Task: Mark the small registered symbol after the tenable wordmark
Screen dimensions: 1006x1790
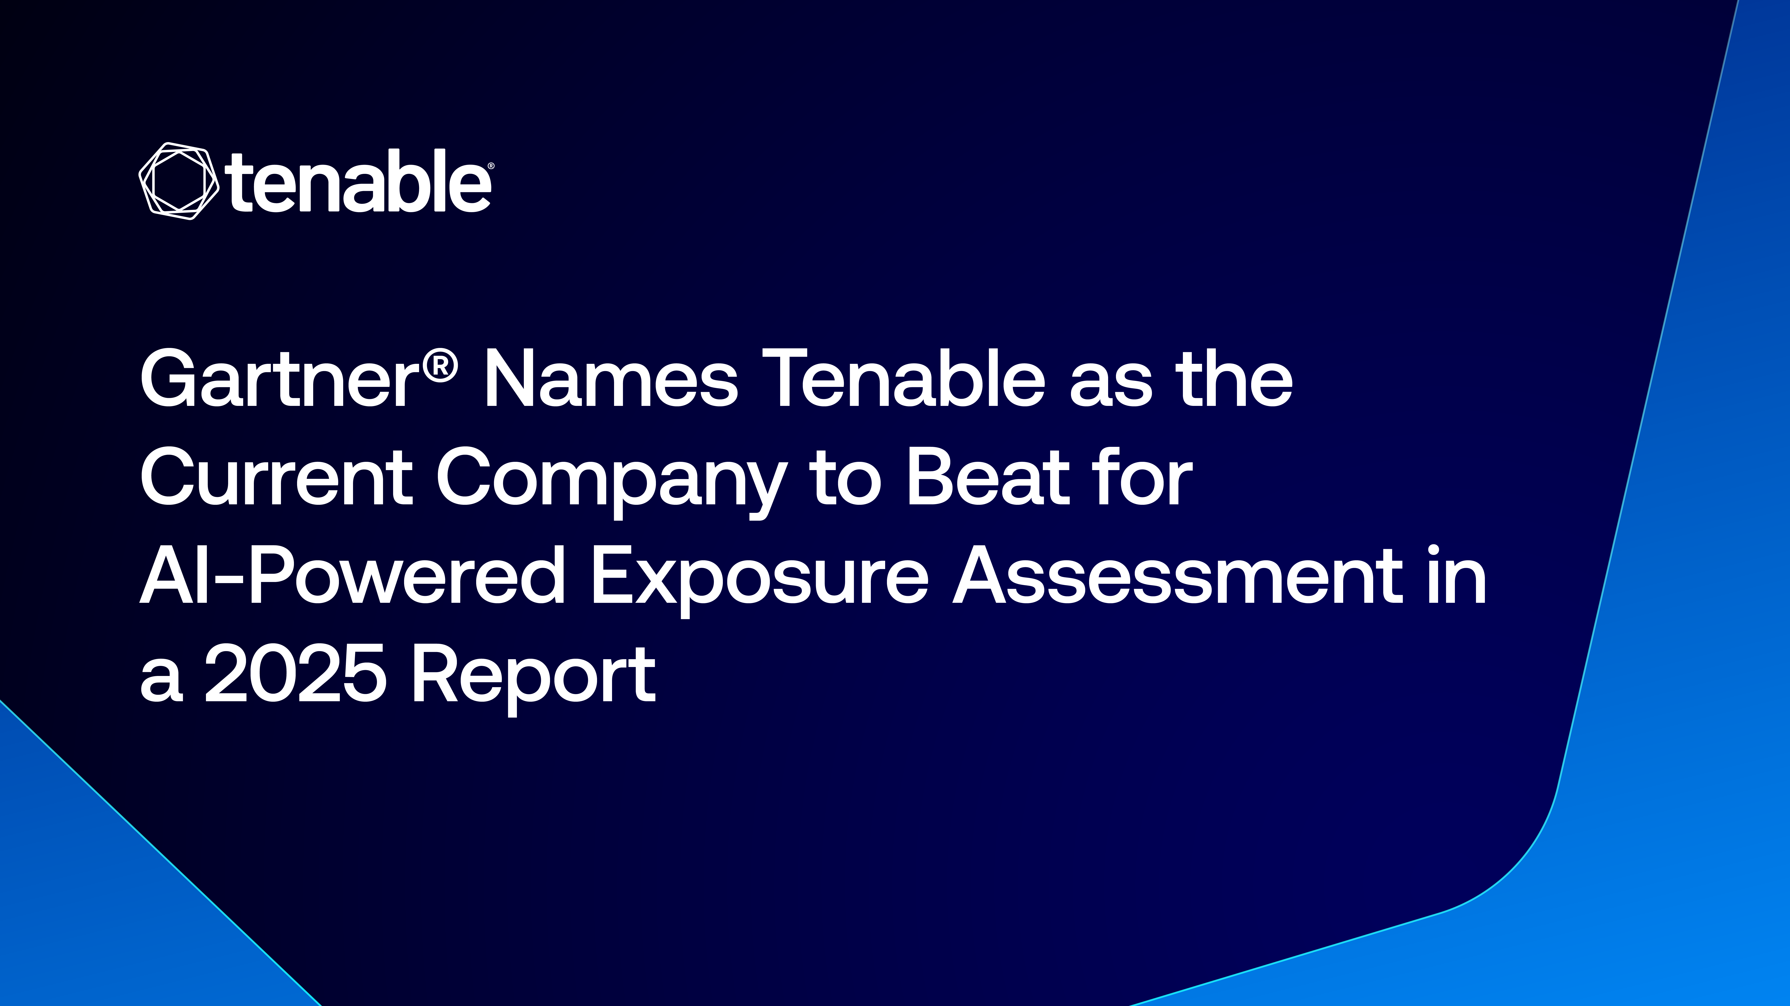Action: (491, 167)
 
